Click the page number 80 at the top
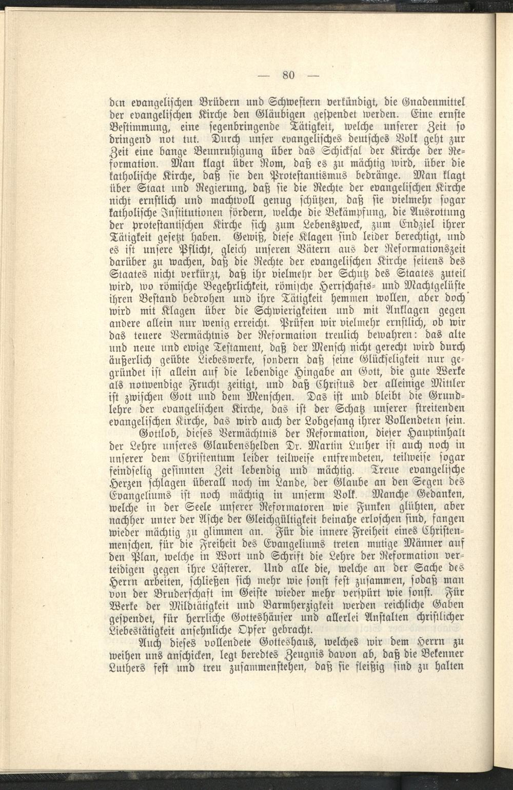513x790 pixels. tap(288, 75)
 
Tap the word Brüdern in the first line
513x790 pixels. tap(212, 101)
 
